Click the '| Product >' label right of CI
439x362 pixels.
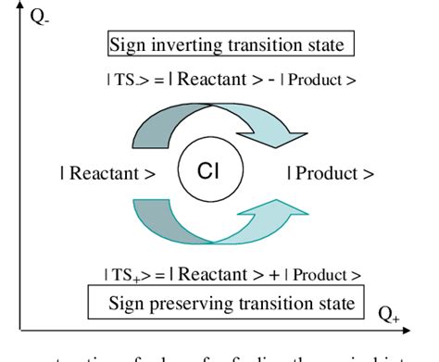pos(331,173)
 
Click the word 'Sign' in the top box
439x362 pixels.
pos(129,45)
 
